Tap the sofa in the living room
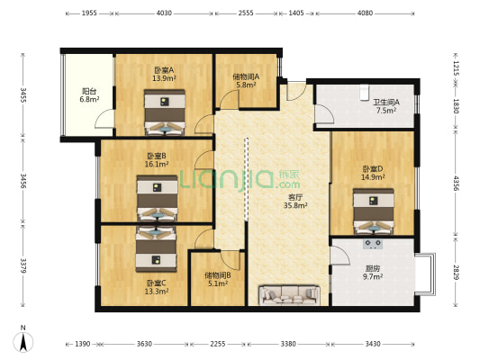tap(289, 295)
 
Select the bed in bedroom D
tap(373, 211)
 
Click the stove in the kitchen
tap(373, 244)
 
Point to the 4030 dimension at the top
tap(164, 13)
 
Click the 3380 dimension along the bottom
tap(288, 344)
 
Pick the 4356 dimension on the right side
tap(456, 183)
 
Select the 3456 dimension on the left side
tap(23, 181)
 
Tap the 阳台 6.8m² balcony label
tap(89, 94)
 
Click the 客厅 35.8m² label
tap(295, 202)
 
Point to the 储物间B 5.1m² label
tap(218, 280)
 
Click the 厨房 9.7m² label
tap(373, 273)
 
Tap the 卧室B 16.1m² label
tap(157, 160)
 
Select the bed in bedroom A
tap(165, 112)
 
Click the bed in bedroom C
tap(156, 249)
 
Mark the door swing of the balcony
tap(104, 119)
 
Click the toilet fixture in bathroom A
tap(365, 93)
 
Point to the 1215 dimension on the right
tap(456, 68)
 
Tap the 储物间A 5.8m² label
tap(246, 80)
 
